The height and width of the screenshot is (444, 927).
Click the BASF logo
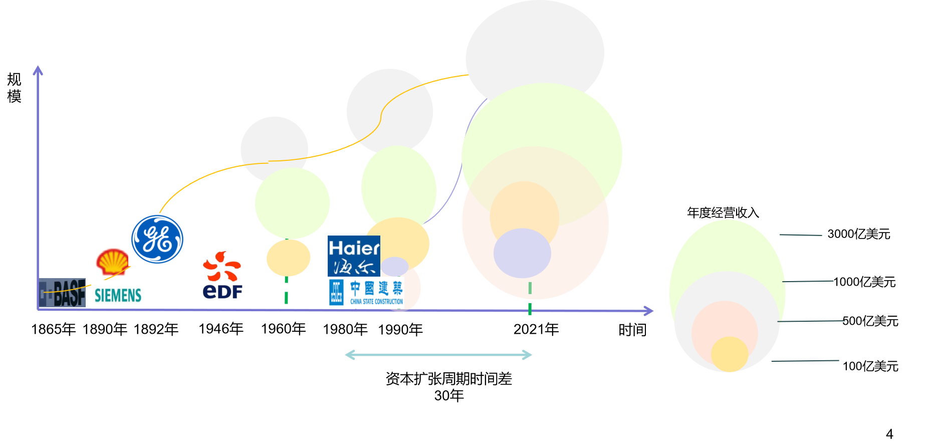[62, 293]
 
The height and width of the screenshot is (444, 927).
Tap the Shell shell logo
[113, 262]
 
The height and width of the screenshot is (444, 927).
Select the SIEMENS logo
[118, 295]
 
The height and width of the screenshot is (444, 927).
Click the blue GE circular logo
[157, 240]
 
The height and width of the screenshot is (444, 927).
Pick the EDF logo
[223, 276]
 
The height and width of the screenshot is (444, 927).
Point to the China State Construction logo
[366, 293]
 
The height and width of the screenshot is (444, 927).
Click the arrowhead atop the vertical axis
[38, 70]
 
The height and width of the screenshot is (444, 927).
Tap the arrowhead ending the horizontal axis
[649, 311]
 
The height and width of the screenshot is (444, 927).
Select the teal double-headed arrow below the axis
[438, 355]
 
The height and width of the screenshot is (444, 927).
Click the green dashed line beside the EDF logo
[286, 291]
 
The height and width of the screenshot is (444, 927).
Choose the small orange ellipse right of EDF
[288, 258]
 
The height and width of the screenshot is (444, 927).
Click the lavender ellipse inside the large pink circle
[522, 253]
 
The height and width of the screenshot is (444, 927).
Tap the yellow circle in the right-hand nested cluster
[730, 354]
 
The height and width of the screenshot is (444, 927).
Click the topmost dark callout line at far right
[801, 235]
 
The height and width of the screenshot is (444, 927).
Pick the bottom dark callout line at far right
[805, 360]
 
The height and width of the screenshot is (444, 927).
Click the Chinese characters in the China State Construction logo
[376, 288]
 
